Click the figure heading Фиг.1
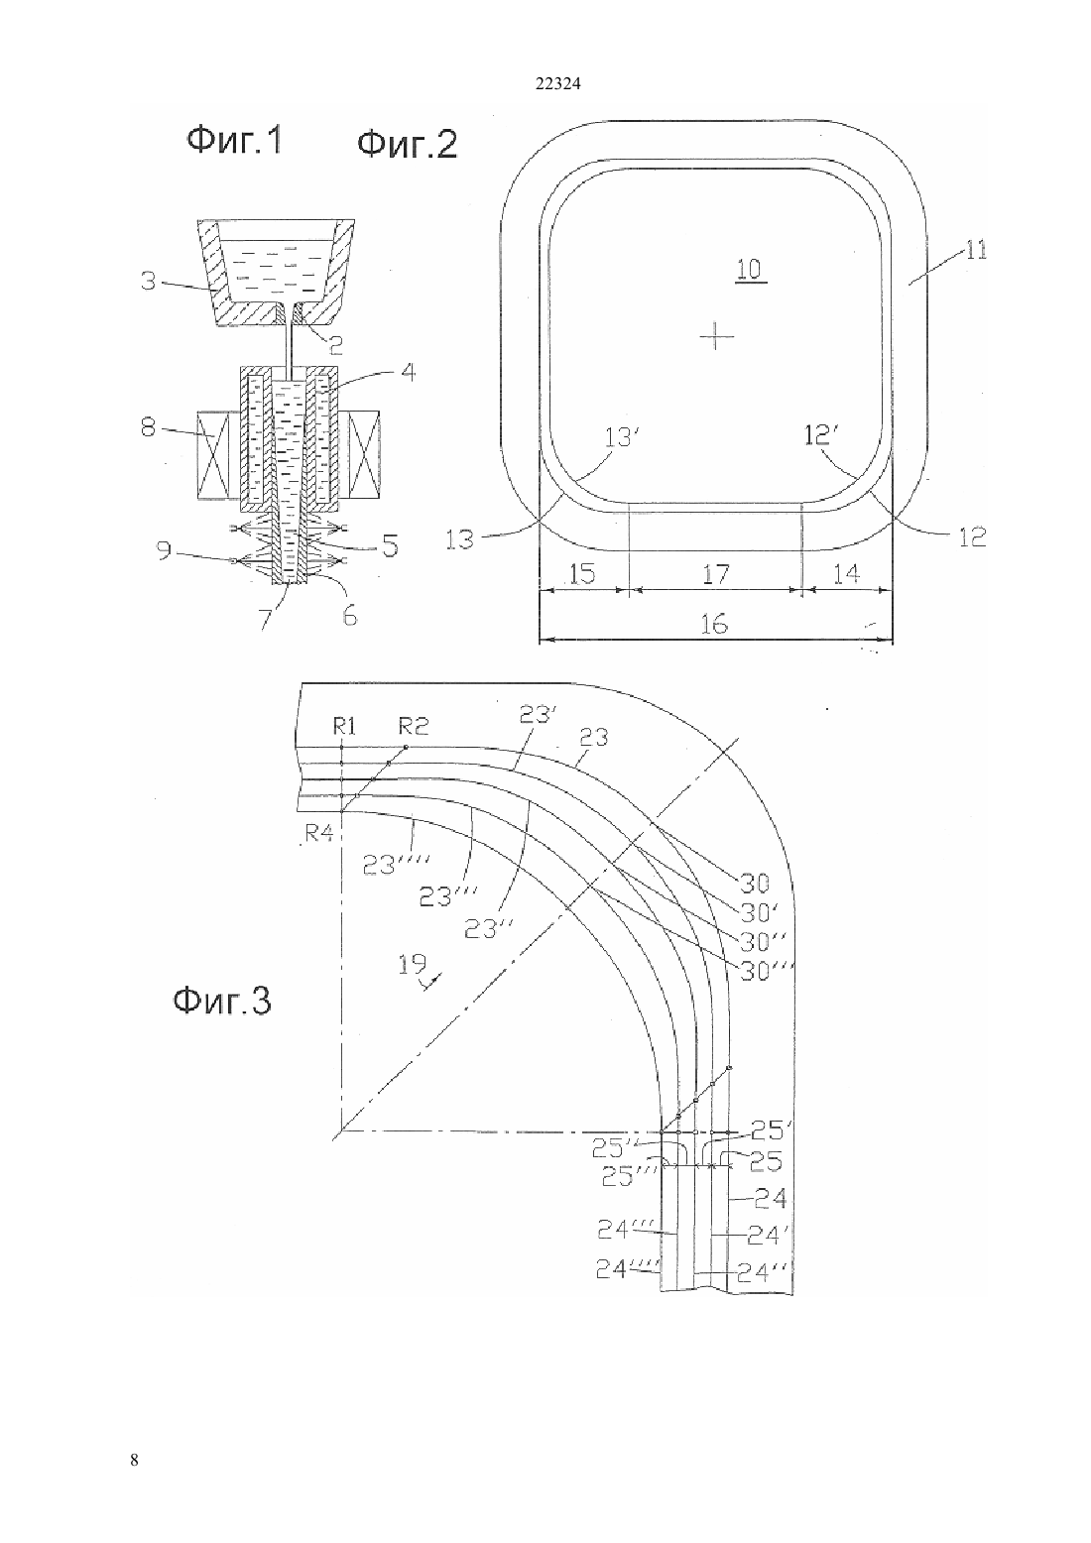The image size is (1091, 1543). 234,141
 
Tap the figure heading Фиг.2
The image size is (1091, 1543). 407,146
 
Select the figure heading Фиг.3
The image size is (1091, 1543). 222,1001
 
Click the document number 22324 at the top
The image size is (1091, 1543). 557,84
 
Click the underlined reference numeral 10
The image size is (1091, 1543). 749,269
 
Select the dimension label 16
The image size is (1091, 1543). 714,624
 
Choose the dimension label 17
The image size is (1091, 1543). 715,573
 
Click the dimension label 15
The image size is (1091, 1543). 582,573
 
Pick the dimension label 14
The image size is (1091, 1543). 846,573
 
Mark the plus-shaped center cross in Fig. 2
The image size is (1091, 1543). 716,337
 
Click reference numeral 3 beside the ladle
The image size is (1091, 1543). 148,281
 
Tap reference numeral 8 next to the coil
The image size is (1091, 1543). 148,428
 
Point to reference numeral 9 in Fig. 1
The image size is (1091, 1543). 164,551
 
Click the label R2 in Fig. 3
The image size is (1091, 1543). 414,725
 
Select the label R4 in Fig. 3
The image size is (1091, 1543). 319,834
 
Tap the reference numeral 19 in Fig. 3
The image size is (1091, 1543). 412,963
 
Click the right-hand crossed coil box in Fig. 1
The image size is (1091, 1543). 364,454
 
